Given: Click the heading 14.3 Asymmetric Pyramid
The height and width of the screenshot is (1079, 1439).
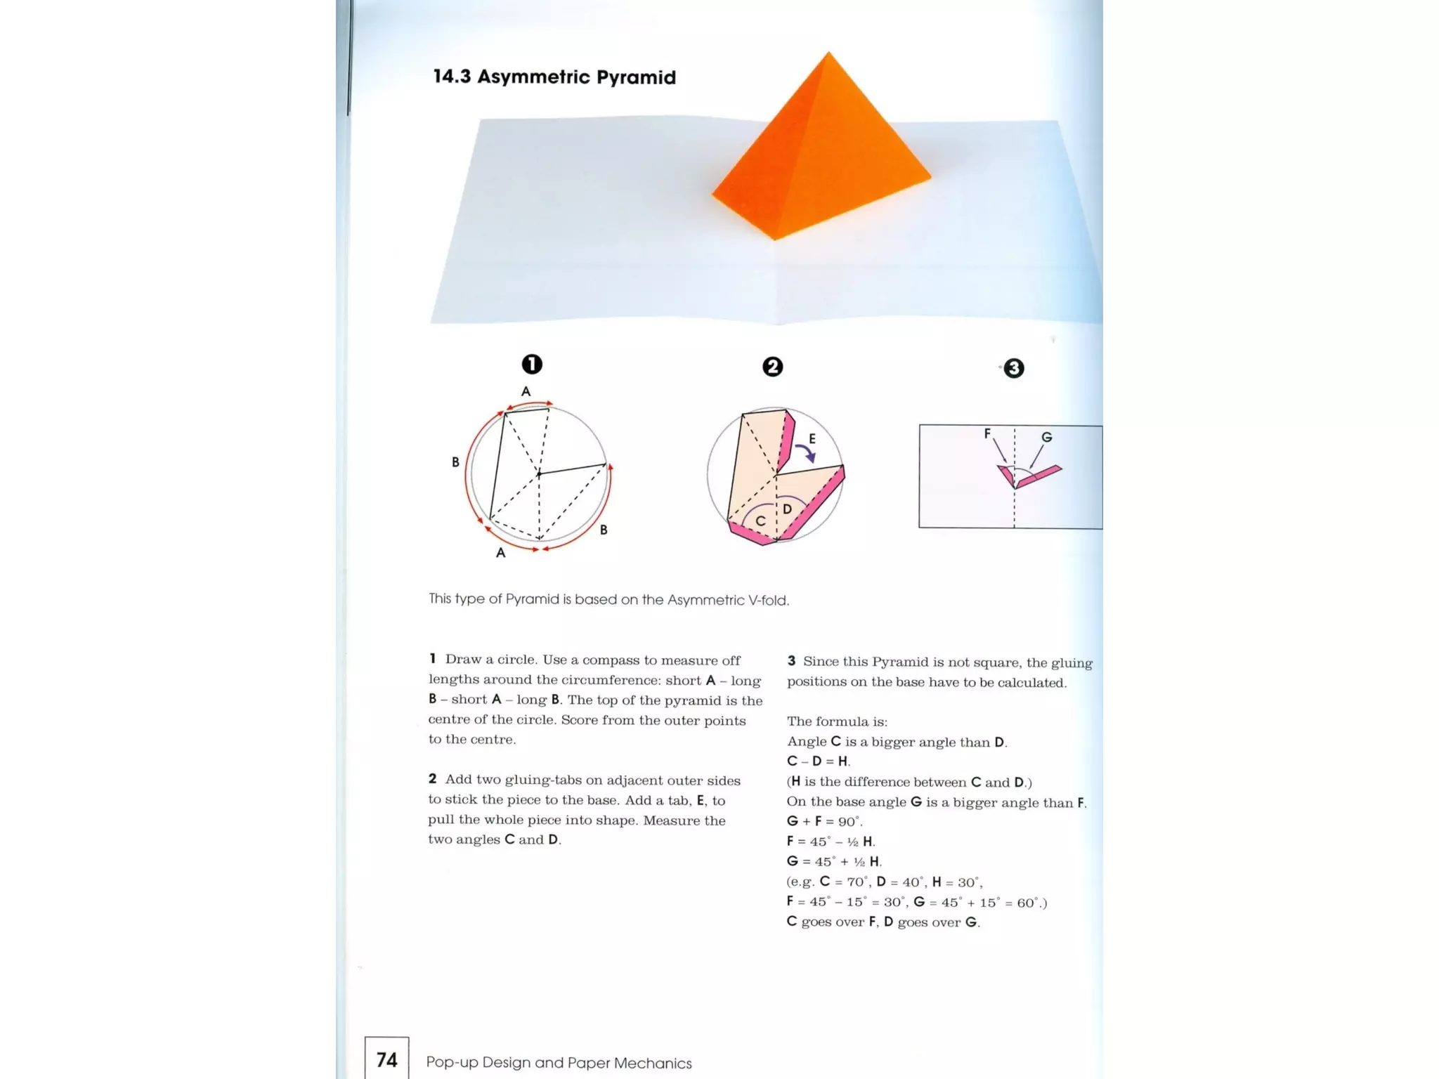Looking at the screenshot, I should point(554,77).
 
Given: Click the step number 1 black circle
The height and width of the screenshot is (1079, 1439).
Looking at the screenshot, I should point(532,364).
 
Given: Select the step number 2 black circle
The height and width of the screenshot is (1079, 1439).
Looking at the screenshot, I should point(772,367).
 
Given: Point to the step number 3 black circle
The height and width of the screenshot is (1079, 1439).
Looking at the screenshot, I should point(1013,368).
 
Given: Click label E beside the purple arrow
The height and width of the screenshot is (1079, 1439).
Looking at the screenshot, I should point(812,438).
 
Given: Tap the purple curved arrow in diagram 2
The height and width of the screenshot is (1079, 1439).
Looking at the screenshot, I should point(805,452).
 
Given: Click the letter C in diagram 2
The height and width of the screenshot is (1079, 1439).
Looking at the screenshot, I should point(760,521).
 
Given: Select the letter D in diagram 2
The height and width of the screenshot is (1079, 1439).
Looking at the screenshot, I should point(787,509).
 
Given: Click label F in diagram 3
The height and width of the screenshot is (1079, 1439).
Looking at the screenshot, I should point(987,433).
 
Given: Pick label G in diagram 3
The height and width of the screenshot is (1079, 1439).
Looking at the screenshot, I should point(1047,437).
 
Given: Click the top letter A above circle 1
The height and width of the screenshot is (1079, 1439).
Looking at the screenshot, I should point(526,391).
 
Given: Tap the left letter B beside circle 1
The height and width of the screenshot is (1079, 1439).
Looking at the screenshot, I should point(455,462).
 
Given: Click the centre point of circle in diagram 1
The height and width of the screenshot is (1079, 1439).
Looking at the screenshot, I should point(539,474).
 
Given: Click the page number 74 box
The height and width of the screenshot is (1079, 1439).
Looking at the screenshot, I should point(386,1059).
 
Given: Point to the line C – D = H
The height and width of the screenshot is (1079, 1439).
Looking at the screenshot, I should point(819,761).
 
